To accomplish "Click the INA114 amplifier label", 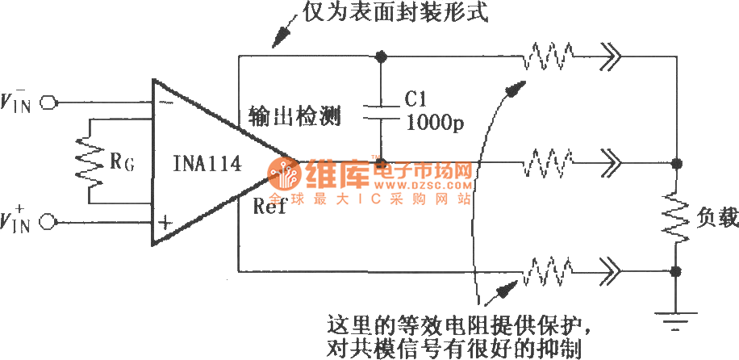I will pos(207,165).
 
